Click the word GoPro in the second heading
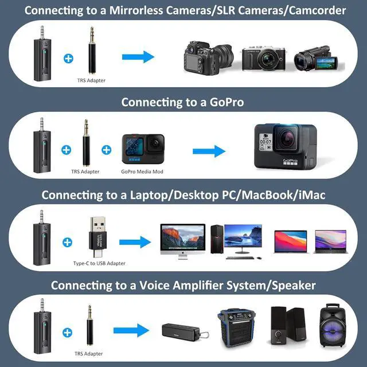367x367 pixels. coord(225,102)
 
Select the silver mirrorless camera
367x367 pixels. coord(261,57)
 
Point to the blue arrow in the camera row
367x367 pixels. coord(139,57)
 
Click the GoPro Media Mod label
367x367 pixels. coord(142,171)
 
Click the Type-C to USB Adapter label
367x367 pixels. coord(99,263)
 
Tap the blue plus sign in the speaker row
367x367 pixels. coord(67,332)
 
